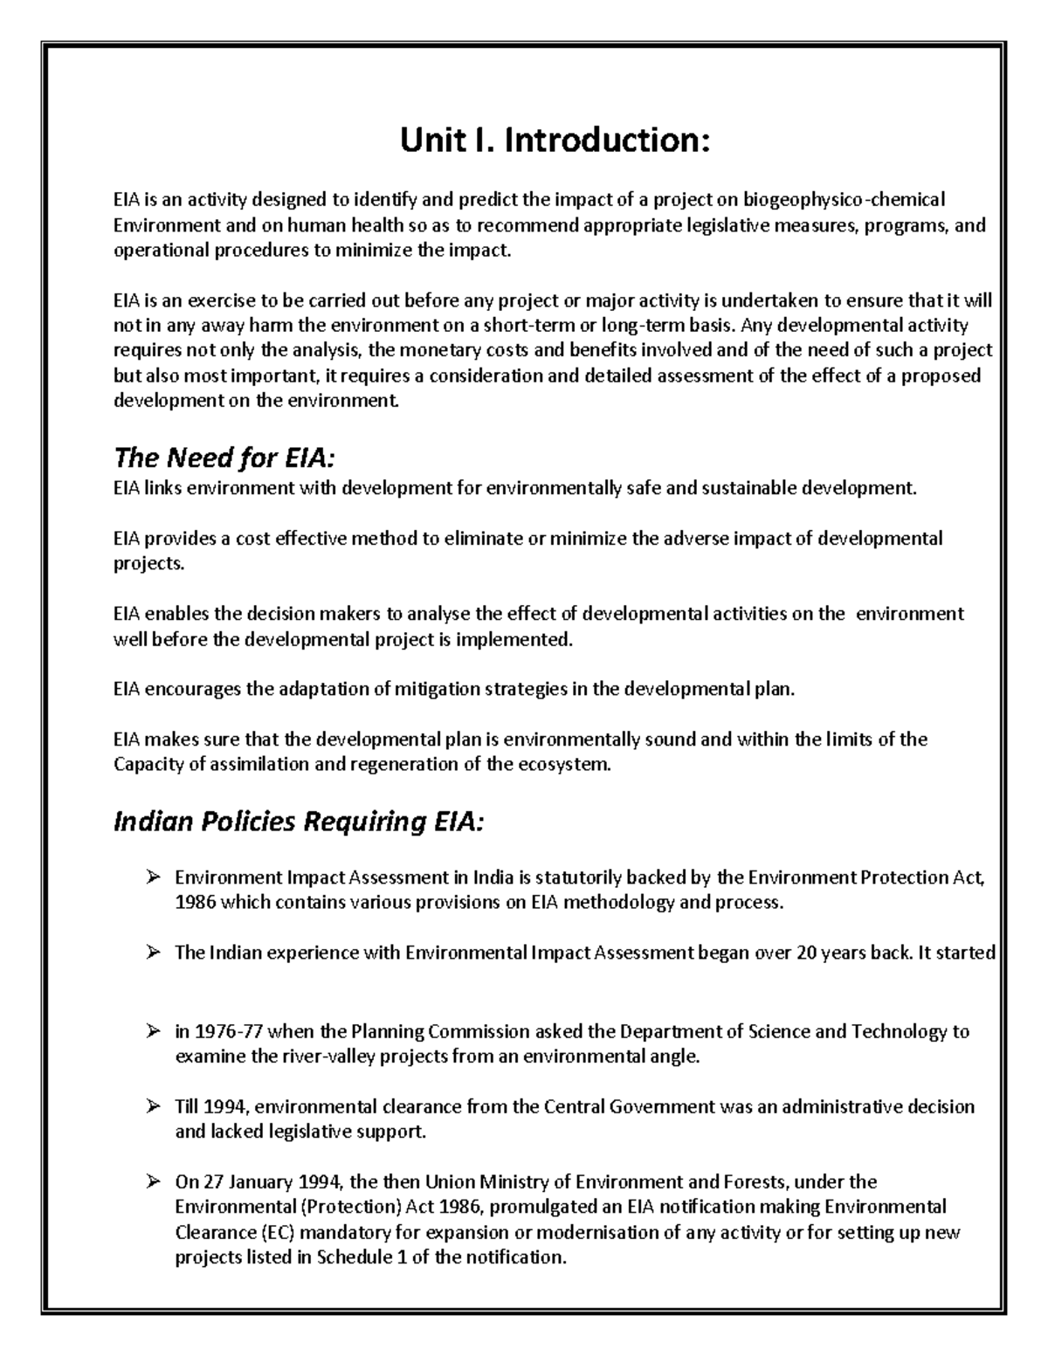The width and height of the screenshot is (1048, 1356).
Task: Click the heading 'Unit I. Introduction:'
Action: click(555, 141)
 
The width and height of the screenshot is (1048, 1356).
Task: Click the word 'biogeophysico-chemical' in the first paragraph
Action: click(838, 200)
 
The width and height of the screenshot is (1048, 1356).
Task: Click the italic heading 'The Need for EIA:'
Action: click(224, 458)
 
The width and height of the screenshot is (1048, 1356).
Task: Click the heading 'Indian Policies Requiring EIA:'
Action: click(298, 823)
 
